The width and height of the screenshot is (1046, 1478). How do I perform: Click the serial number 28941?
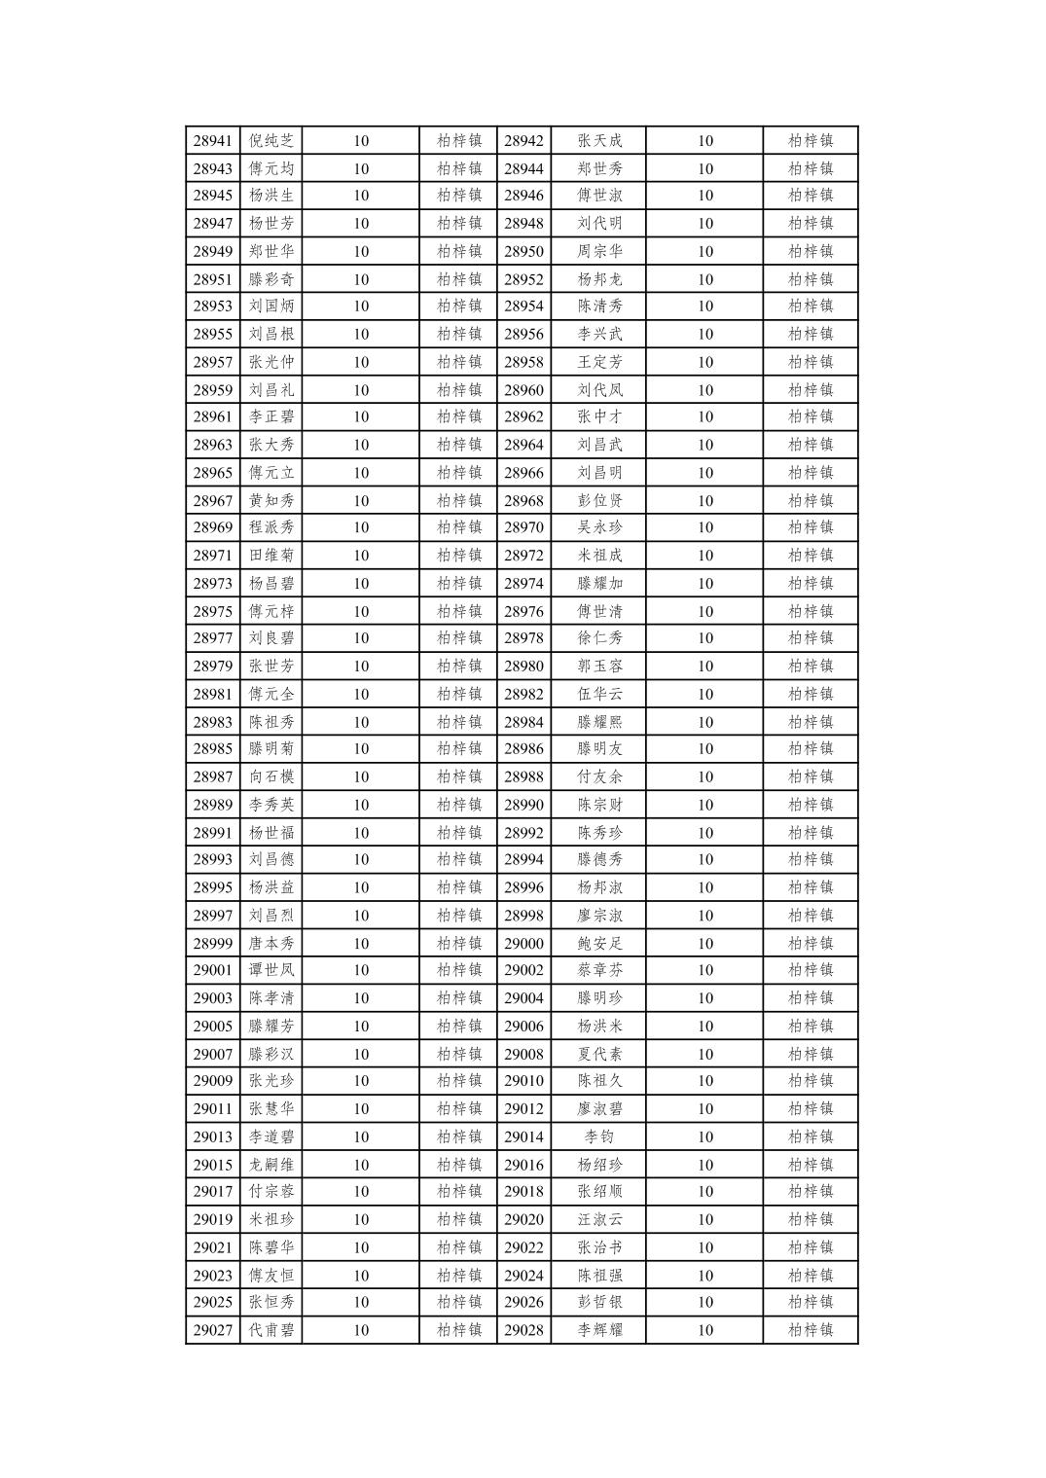tap(212, 141)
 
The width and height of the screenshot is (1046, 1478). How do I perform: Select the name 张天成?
tap(599, 141)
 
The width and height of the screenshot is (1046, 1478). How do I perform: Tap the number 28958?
tap(523, 362)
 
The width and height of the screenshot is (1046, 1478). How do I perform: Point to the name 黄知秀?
tap(271, 501)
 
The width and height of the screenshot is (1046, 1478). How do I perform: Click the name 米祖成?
tap(599, 556)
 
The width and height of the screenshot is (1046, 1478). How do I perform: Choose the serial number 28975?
tap(212, 611)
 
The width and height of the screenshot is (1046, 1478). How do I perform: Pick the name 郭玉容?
tap(599, 667)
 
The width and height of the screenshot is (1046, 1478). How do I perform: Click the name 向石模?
tap(271, 776)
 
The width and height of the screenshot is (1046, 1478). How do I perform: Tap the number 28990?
tap(523, 805)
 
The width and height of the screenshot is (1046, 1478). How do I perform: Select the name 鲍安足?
tap(599, 943)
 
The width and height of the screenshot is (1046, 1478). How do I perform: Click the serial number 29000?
tap(523, 943)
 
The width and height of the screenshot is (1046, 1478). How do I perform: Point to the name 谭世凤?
tap(271, 970)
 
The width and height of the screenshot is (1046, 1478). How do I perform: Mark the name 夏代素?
tap(599, 1054)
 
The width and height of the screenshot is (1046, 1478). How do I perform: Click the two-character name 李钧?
tap(599, 1136)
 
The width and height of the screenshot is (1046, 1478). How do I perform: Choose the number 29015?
tap(212, 1165)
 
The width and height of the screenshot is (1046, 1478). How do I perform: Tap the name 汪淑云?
tap(599, 1219)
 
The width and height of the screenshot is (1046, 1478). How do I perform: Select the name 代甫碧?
tap(271, 1330)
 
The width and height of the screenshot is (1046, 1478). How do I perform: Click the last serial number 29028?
tap(523, 1330)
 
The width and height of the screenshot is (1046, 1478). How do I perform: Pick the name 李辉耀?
tap(599, 1330)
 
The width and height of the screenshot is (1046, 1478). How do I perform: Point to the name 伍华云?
tap(599, 694)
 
